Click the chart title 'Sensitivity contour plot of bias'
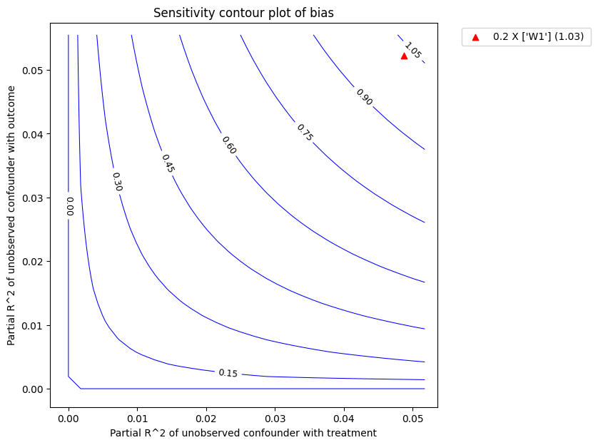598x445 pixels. (243, 12)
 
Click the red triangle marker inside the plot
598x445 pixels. (404, 56)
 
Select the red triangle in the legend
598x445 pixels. (475, 36)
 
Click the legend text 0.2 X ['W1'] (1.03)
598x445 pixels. (538, 36)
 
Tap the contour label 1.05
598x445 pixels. (412, 50)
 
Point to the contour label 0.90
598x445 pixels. (364, 97)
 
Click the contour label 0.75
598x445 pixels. (305, 132)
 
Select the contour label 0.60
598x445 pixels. (228, 145)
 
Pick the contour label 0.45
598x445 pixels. (168, 163)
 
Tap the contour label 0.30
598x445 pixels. (118, 181)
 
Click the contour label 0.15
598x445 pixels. (228, 373)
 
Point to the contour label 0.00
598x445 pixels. (69, 206)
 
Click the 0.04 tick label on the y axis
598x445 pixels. (31, 134)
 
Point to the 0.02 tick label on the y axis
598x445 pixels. (31, 262)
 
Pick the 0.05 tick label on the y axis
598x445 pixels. (31, 71)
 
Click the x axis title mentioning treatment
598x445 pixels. (243, 433)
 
